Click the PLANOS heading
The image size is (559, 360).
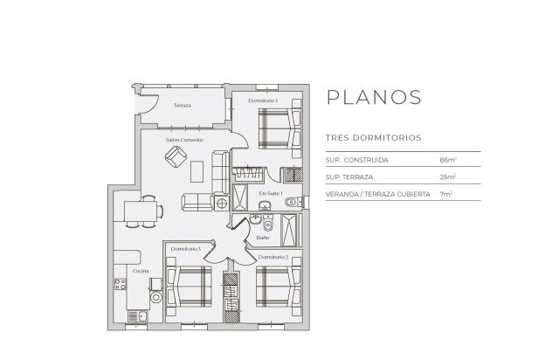pos(373,96)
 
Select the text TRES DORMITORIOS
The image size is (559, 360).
pos(373,138)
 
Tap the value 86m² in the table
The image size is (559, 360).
pos(449,161)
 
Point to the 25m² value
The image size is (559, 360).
pos(449,177)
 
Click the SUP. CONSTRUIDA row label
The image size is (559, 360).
pos(356,161)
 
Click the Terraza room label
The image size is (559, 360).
pos(182,105)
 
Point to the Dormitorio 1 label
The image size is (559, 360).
pos(262,101)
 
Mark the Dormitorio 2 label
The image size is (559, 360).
pos(273,256)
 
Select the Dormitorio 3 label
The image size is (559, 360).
pos(186,250)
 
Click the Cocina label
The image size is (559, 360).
pos(140,272)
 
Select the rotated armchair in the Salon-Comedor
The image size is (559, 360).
pos(176,157)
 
